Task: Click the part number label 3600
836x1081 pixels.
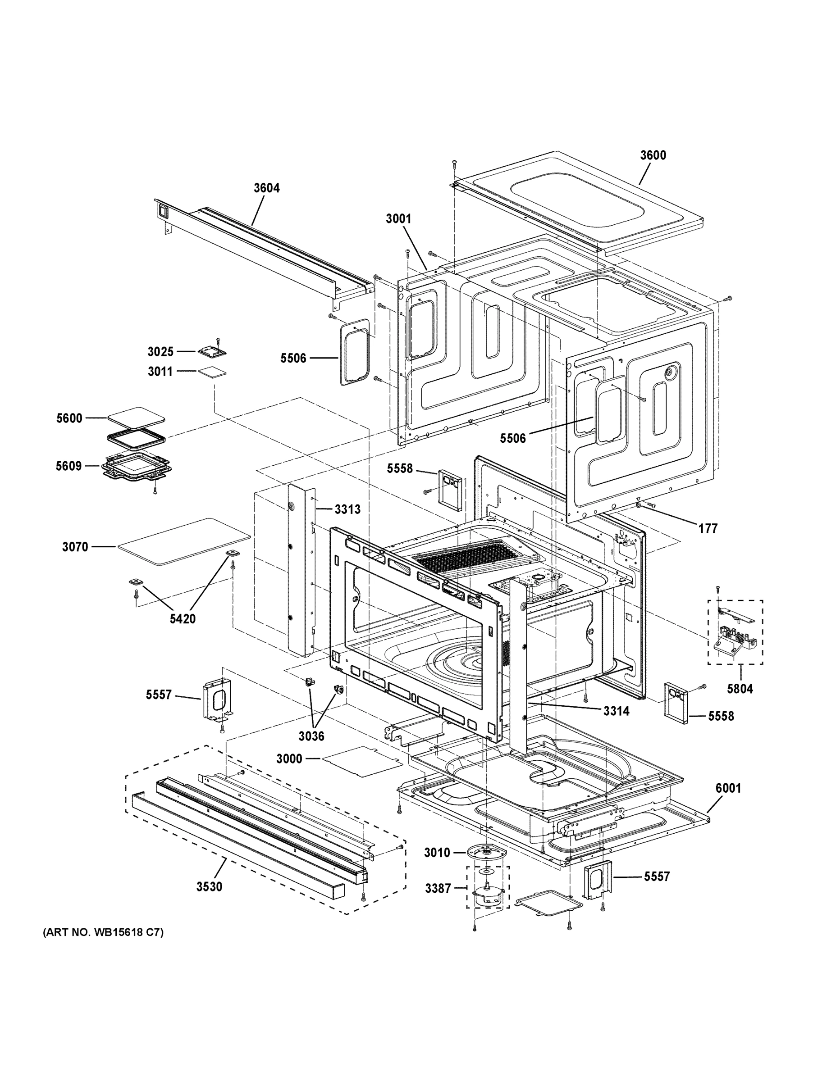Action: click(653, 155)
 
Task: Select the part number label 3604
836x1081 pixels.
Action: click(266, 188)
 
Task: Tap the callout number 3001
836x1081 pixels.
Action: click(399, 219)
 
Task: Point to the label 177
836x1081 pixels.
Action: click(708, 529)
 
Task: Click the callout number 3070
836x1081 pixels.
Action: click(75, 547)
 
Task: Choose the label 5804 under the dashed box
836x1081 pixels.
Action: click(740, 689)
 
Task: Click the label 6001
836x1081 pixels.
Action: click(728, 788)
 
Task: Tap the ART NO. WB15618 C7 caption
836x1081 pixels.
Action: click(103, 932)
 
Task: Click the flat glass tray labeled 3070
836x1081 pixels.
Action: click(183, 542)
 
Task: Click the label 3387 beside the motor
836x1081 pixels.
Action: click(438, 889)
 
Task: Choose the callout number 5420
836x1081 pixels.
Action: click(183, 619)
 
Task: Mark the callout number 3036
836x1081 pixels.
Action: click(311, 736)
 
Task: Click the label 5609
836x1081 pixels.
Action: click(69, 466)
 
